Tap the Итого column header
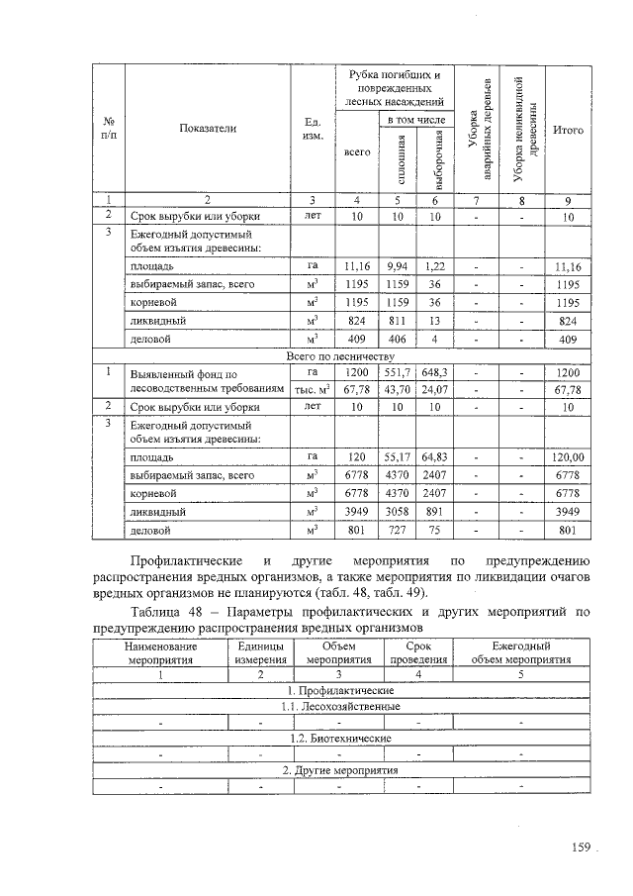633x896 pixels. pyautogui.click(x=568, y=130)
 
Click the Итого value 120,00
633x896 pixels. pyautogui.click(x=569, y=457)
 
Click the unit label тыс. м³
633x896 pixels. pyautogui.click(x=312, y=388)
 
